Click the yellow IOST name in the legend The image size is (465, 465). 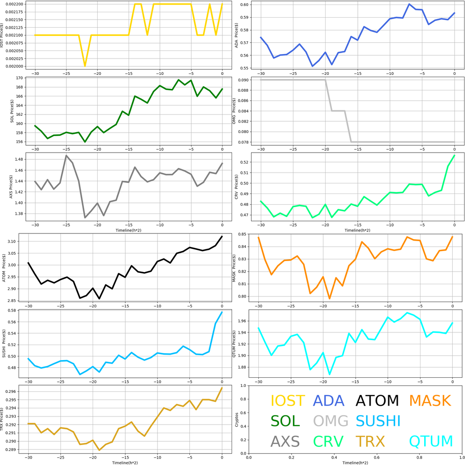(x=287, y=401)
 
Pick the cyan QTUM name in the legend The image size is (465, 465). (x=431, y=441)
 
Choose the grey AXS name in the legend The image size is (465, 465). (x=285, y=441)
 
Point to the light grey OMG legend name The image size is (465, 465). (x=331, y=421)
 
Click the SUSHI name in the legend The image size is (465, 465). (x=378, y=421)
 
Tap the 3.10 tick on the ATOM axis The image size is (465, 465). (x=16, y=241)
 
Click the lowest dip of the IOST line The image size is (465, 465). (x=85, y=66)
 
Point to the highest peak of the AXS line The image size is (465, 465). (x=66, y=155)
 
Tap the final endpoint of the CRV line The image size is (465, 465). (x=454, y=155)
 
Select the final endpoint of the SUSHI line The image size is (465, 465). (x=222, y=312)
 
